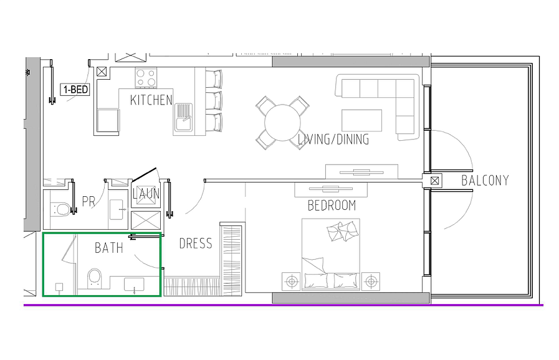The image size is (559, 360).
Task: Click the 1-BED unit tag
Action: pyautogui.click(x=75, y=89)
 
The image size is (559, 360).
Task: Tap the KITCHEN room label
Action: pyautogui.click(x=151, y=100)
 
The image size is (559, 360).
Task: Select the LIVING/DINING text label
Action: pyautogui.click(x=333, y=139)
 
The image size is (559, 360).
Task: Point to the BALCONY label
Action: pyautogui.click(x=485, y=181)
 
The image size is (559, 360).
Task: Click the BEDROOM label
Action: pyautogui.click(x=332, y=206)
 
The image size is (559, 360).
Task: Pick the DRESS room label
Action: pyautogui.click(x=195, y=244)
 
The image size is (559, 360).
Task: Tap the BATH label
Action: pyautogui.click(x=108, y=248)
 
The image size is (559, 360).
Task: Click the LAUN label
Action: pyautogui.click(x=146, y=194)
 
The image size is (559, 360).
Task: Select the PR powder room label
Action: pyautogui.click(x=88, y=201)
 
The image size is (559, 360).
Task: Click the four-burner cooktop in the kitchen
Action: pyautogui.click(x=146, y=78)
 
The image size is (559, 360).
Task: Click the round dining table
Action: pyautogui.click(x=282, y=123)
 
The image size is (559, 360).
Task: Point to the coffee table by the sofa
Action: pyautogui.click(x=361, y=120)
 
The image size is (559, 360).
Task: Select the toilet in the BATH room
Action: pyautogui.click(x=95, y=278)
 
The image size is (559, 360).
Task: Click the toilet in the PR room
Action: pyautogui.click(x=60, y=209)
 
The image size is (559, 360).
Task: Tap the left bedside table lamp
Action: pyautogui.click(x=292, y=282)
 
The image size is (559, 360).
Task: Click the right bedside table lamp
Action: pyautogui.click(x=371, y=282)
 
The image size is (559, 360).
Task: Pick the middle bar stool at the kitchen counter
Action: pyautogui.click(x=214, y=101)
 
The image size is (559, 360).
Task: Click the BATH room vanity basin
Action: pyautogui.click(x=134, y=285)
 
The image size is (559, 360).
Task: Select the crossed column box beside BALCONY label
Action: pyautogui.click(x=434, y=181)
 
